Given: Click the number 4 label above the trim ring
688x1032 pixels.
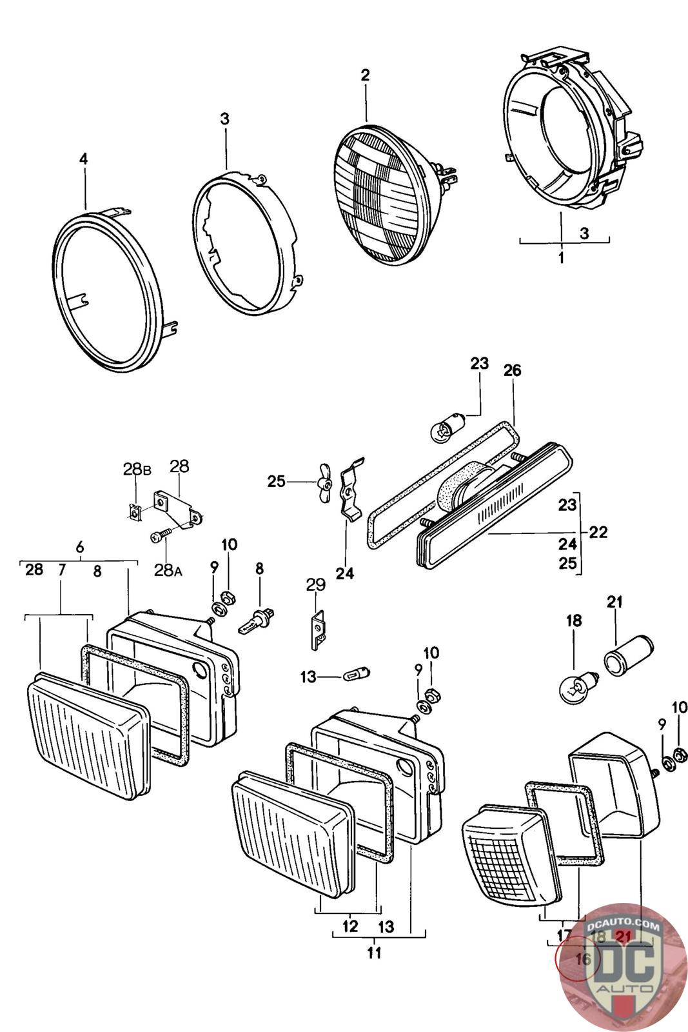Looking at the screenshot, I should (83, 159).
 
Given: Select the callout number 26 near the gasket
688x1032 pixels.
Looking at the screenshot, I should (513, 370).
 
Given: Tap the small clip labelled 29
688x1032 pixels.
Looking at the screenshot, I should (317, 630).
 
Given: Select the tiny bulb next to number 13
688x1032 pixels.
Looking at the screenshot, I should (351, 676).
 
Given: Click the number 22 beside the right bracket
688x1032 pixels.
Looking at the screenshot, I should (598, 532).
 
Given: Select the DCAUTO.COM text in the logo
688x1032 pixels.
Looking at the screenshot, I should (624, 926).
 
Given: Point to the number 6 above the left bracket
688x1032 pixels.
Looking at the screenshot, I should (79, 547).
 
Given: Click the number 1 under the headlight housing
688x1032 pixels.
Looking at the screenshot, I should (561, 259).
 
